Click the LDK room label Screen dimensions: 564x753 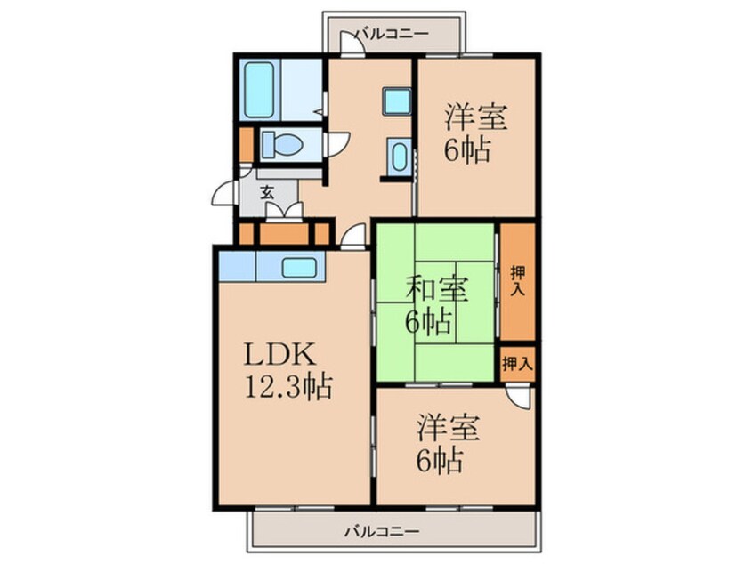click(x=279, y=356)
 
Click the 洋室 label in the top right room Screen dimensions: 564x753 click(x=476, y=117)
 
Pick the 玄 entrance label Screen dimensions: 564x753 click(x=266, y=190)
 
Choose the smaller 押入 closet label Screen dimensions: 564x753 click(x=516, y=363)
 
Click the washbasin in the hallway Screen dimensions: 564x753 click(x=399, y=157)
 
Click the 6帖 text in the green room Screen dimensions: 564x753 click(x=428, y=321)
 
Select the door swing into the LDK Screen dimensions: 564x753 click(x=355, y=236)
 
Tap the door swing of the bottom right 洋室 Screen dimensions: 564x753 click(x=522, y=398)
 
